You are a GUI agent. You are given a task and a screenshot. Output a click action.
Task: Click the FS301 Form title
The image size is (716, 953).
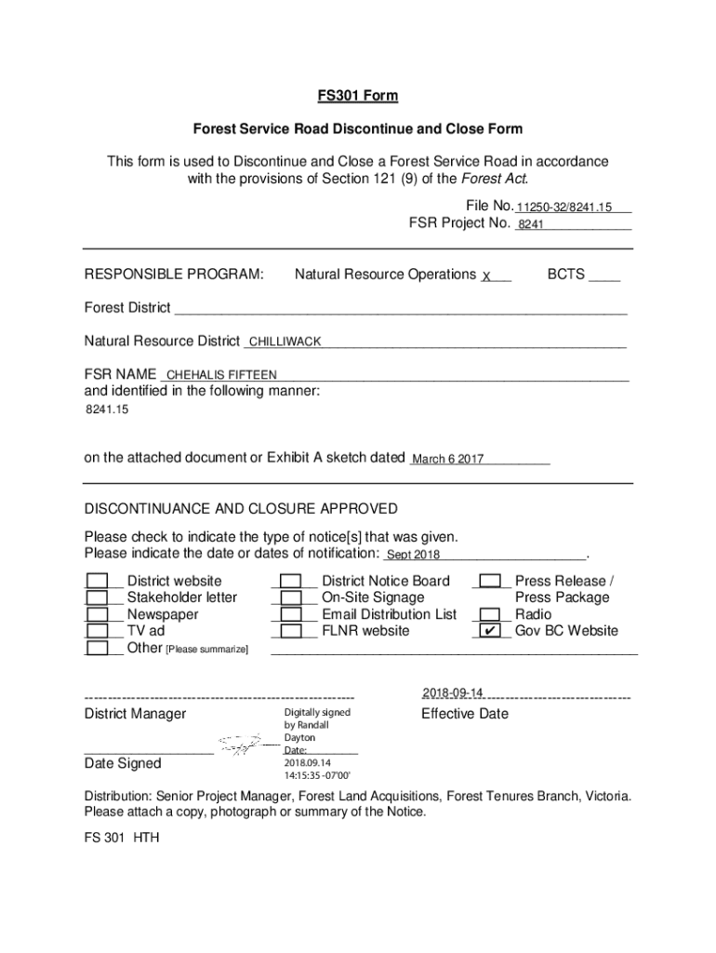click(358, 96)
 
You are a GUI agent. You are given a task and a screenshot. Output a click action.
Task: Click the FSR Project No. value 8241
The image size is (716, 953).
click(531, 224)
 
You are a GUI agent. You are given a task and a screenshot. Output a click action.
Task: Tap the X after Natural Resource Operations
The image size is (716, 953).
click(486, 275)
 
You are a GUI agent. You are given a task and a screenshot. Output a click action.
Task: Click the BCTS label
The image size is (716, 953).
click(565, 275)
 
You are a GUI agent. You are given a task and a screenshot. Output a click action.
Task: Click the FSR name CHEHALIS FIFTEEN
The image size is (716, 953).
click(221, 375)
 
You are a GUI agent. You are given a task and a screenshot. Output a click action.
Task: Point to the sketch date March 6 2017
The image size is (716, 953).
click(447, 460)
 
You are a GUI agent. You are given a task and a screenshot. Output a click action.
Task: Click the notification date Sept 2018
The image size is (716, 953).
click(413, 556)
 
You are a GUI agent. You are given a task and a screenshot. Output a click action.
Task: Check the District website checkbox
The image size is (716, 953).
click(97, 582)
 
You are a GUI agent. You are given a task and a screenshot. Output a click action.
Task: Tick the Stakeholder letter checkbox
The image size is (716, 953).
click(97, 598)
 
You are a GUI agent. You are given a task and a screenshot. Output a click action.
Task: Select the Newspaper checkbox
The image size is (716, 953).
click(97, 615)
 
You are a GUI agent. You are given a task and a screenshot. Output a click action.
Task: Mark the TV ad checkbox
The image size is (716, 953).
click(97, 632)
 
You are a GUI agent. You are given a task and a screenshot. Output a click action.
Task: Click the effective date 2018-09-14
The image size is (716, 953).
click(453, 693)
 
